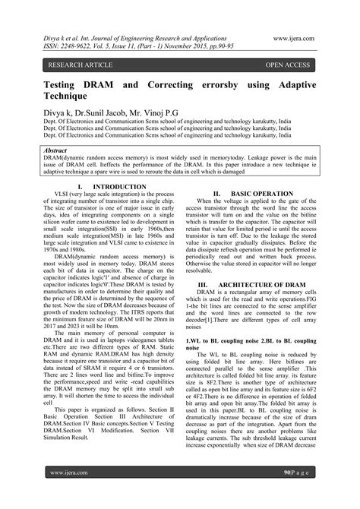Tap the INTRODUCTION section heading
pos(115,187)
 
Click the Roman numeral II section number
pos(217,194)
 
